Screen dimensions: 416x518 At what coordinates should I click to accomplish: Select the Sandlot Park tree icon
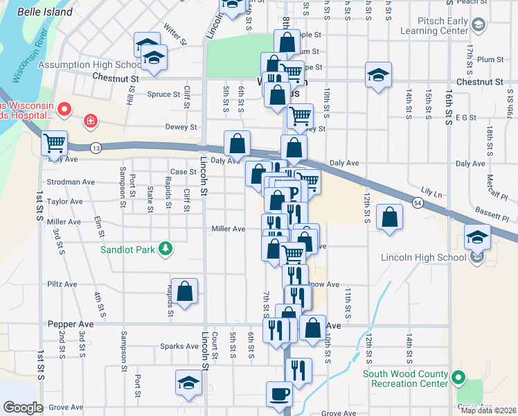(165, 248)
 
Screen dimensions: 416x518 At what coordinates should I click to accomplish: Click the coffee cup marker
(279, 393)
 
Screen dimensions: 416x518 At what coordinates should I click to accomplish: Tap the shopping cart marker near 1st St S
(54, 143)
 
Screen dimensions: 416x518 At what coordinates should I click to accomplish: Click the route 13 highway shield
(96, 148)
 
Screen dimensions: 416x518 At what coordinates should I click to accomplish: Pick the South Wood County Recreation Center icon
(458, 378)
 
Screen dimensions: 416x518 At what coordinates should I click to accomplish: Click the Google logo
(23, 407)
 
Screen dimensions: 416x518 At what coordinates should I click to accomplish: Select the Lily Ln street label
(431, 189)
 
